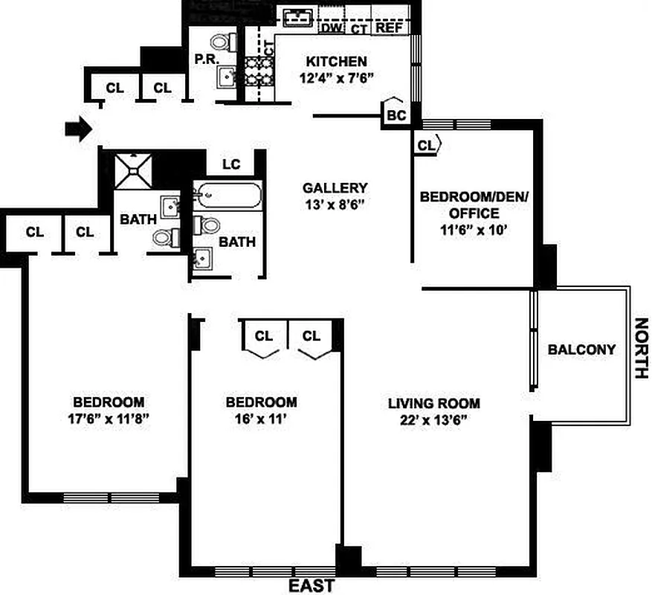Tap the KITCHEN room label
[x=338, y=61]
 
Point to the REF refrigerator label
[x=389, y=28]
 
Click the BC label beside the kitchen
[x=396, y=115]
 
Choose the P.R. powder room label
[x=205, y=58]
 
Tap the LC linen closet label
[x=230, y=164]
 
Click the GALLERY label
[x=335, y=187]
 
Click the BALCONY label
[x=581, y=350]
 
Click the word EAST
[x=311, y=586]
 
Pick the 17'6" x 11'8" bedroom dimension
[x=108, y=418]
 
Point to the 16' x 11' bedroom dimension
[x=261, y=419]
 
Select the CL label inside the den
[x=425, y=145]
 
